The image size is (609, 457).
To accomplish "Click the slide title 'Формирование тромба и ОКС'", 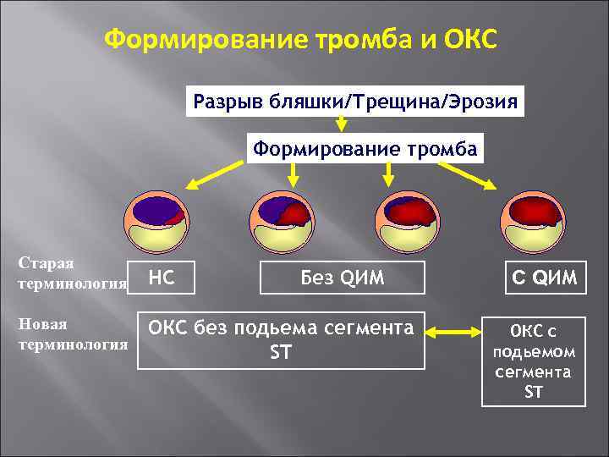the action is coord(304,40).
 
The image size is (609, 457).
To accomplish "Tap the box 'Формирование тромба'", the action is coord(365,149).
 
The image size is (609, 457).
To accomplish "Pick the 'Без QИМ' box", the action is coord(343,278).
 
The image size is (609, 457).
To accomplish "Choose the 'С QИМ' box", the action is coord(533,278).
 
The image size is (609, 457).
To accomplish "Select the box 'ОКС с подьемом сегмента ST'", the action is coord(533,360).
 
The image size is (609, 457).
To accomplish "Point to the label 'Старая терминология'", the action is coord(71,274).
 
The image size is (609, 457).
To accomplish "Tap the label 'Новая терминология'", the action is coord(71,333).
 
